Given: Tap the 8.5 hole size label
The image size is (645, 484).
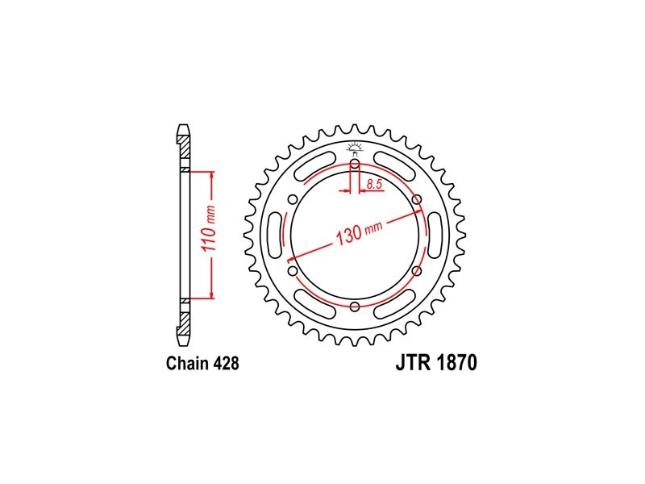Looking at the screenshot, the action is click(x=374, y=184).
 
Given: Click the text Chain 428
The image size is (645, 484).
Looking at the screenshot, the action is click(x=202, y=364).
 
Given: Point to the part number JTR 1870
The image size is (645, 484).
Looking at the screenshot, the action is click(x=436, y=362).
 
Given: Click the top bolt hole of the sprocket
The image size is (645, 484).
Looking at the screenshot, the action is click(x=355, y=165).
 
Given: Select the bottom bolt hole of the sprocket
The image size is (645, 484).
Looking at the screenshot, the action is click(x=355, y=307).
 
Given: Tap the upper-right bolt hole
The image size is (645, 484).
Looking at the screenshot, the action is click(x=417, y=200).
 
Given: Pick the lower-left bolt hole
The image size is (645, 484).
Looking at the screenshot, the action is click(x=293, y=271).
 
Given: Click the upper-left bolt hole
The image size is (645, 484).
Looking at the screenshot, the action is click(x=293, y=200).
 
